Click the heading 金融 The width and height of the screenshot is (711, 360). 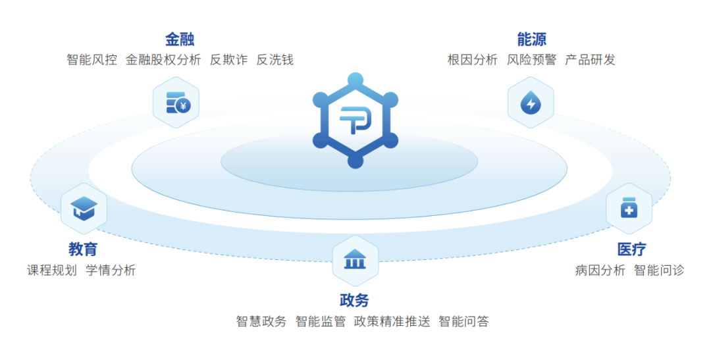coord(180,39)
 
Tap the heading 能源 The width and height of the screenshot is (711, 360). coord(531,39)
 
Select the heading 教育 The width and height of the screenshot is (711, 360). coord(83,249)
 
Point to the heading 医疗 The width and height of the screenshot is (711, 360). coord(631,249)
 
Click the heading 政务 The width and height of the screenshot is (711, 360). coord(354,301)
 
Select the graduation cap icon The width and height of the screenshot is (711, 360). coord(84,209)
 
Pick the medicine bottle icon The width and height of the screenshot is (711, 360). coord(629,209)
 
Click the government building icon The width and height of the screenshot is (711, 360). coord(355,261)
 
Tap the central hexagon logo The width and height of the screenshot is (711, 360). coord(355,120)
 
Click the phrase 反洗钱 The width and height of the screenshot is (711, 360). coord(275,60)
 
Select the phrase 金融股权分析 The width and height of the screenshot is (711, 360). coord(163,60)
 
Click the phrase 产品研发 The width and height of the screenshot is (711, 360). coord(591,60)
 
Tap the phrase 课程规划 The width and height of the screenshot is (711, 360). coord(52,270)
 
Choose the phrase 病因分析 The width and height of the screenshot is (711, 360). coord(600,270)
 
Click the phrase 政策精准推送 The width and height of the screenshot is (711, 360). coord(392,322)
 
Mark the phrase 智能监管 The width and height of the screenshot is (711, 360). coord(321,322)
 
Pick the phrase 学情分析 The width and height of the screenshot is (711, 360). coord(111,270)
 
